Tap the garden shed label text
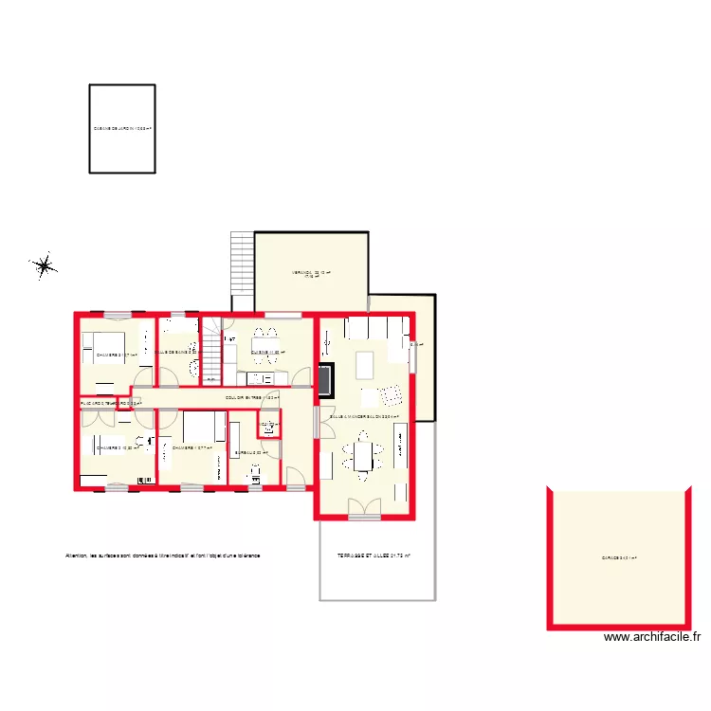point(122,128)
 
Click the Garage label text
point(618,558)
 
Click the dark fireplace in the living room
point(325,380)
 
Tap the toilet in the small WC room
point(268,429)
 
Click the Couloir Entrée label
point(251,398)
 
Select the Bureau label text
point(251,453)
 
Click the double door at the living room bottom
point(364,509)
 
